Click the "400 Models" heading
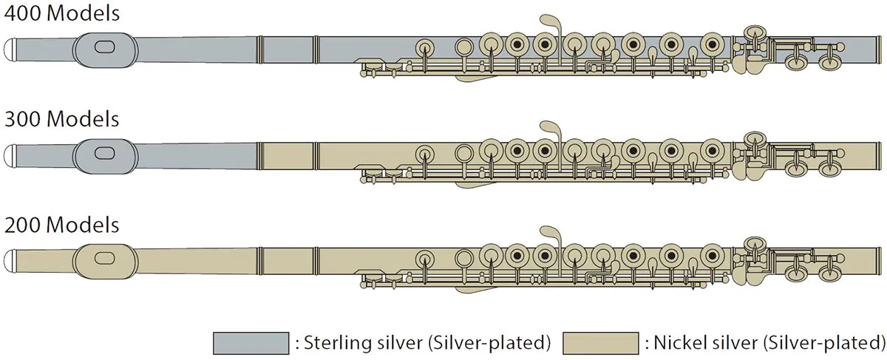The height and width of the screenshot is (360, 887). pos(62,13)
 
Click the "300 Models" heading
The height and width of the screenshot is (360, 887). pos(62,119)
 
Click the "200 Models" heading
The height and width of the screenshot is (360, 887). pos(62,225)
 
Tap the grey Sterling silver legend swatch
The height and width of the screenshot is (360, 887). pos(251,343)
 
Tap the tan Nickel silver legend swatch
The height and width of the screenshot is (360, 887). pos(601,343)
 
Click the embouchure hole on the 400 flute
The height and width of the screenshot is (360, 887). pos(105,47)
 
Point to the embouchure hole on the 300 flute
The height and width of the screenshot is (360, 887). pos(105,153)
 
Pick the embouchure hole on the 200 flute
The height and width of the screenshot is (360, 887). pos(105,259)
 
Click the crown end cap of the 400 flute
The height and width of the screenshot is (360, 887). pos(10,50)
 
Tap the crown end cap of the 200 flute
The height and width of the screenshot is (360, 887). pos(10,261)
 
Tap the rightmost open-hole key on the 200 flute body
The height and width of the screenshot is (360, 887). pos(712,256)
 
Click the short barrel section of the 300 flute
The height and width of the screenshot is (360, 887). pos(288,156)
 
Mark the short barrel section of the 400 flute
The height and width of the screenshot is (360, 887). pos(288,50)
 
